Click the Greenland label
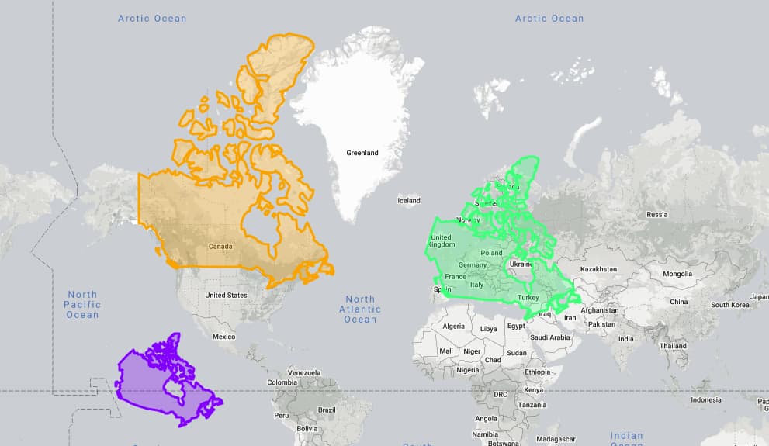(x=362, y=153)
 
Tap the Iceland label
(x=408, y=200)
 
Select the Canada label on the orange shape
(x=220, y=247)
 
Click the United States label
(x=226, y=295)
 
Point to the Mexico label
(x=223, y=337)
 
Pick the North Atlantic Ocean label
(x=360, y=309)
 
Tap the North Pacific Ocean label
(x=82, y=304)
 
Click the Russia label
(x=656, y=214)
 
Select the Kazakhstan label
(x=598, y=269)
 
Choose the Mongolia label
(x=677, y=274)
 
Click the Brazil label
(x=327, y=410)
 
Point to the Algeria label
(x=453, y=327)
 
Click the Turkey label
(x=528, y=297)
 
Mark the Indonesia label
(x=705, y=400)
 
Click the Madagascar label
(x=556, y=439)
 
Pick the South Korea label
(x=731, y=305)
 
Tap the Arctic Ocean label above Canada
(x=152, y=18)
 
